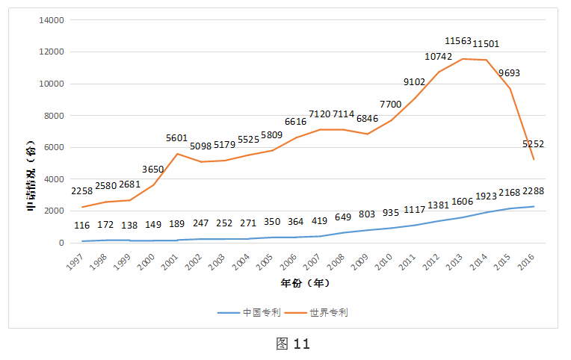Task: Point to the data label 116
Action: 82,225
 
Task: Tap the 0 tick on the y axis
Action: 61,243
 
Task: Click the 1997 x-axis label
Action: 75,262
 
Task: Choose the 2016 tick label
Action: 528,262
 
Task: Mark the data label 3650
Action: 153,170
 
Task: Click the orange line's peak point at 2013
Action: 463,58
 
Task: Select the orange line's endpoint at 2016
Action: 534,159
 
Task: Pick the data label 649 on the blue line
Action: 342,217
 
